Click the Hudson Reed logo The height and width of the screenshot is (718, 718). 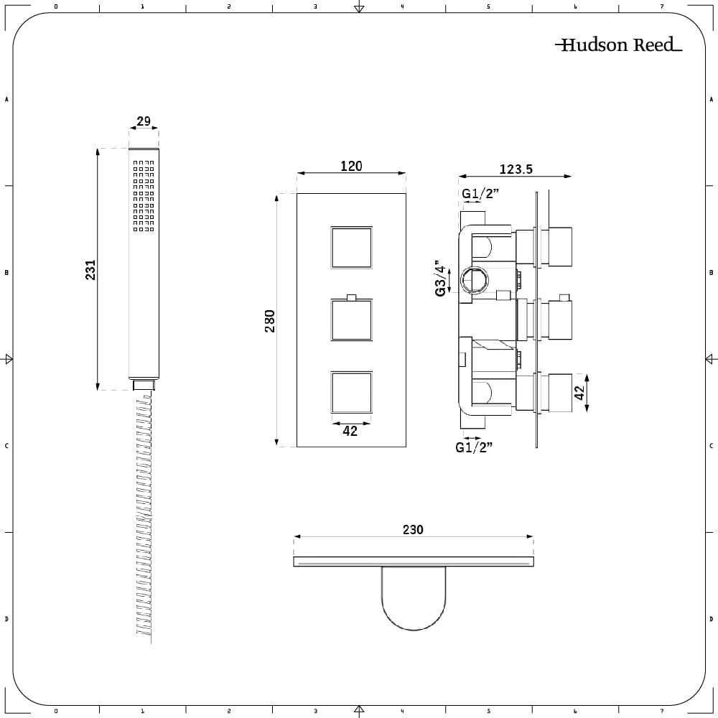[x=619, y=45]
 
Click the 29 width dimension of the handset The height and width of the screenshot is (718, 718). [x=144, y=121]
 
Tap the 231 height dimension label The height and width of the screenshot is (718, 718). [x=90, y=269]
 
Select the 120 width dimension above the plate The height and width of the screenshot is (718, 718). [x=351, y=166]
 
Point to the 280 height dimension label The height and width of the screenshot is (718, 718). [x=270, y=320]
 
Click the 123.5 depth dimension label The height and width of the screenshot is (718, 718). [x=516, y=169]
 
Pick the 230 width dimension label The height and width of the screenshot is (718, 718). [x=413, y=529]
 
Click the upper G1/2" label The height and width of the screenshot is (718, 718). [x=480, y=194]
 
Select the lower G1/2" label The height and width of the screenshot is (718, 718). [x=473, y=447]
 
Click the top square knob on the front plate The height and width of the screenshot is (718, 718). [x=351, y=247]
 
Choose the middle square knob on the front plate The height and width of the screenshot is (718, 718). [x=351, y=320]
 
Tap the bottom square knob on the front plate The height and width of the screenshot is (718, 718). [x=351, y=393]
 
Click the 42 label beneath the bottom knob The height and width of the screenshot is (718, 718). [x=350, y=431]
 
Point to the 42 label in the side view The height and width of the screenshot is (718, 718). [x=579, y=393]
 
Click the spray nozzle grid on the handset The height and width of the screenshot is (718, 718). [x=144, y=195]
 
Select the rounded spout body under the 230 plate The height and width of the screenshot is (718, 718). [x=414, y=598]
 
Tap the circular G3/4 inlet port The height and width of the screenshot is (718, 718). [x=475, y=279]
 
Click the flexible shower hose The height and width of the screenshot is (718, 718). [x=144, y=518]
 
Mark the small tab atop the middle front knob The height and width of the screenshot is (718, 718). [x=351, y=298]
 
